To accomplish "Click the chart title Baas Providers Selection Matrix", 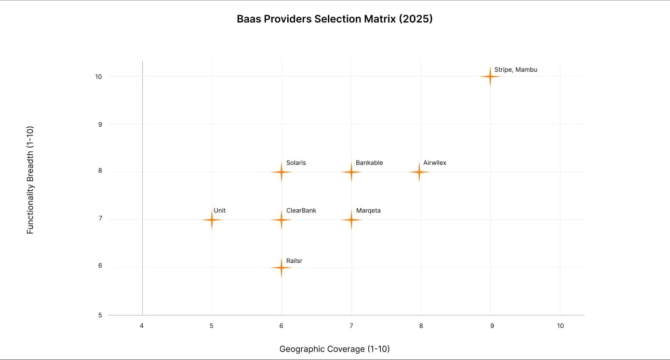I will (334, 19).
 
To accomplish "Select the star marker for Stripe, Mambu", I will (490, 76).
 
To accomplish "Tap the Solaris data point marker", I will (281, 171).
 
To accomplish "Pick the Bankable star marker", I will (351, 171).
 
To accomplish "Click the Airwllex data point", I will (419, 171).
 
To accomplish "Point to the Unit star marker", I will (211, 220).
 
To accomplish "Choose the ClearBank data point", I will (281, 220).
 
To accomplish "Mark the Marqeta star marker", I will (351, 220).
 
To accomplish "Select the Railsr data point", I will (281, 268).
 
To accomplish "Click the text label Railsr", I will (294, 261).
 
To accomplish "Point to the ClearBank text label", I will (301, 210).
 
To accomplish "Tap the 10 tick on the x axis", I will (560, 326).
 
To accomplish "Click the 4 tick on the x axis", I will (142, 326).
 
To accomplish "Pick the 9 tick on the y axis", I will (99, 124).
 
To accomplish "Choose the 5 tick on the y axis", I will (99, 315).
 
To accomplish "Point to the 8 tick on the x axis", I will (421, 326).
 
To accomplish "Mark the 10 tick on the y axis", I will (98, 76).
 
